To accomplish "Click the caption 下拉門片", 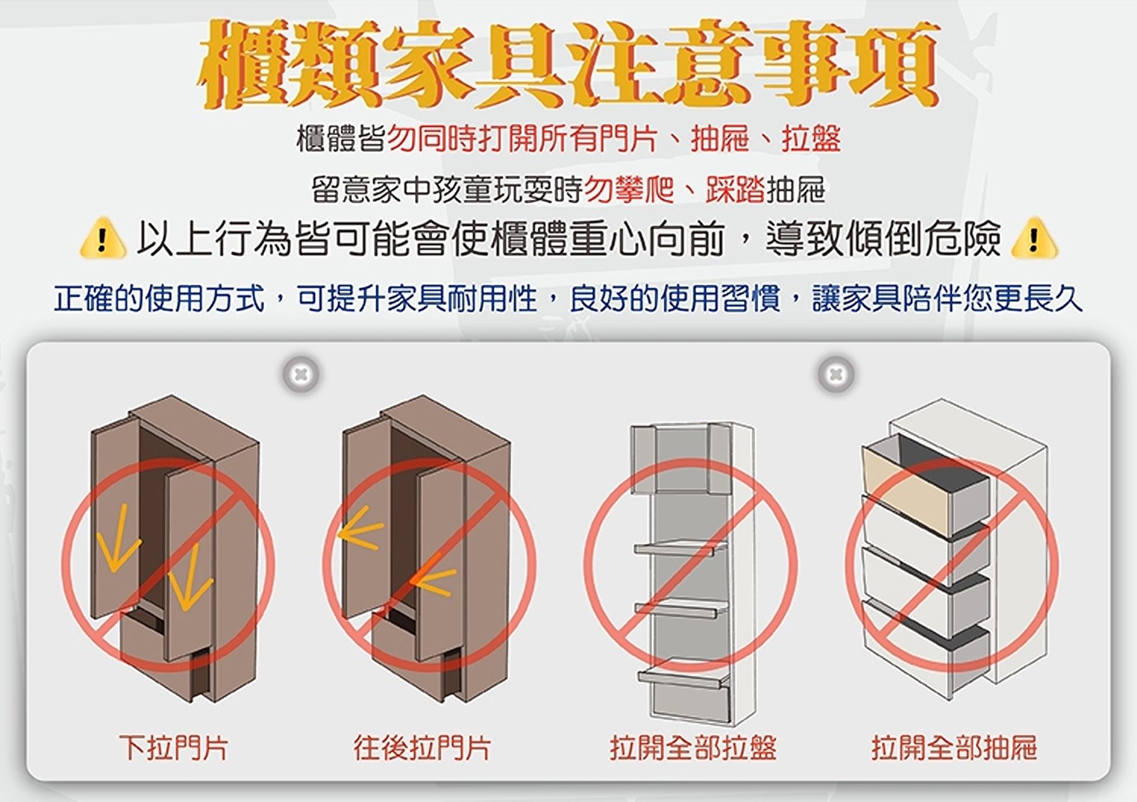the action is click(x=173, y=748).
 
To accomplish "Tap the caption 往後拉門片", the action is click(x=421, y=748).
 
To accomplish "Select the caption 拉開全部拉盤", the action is click(x=693, y=748).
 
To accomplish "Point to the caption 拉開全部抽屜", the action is click(x=954, y=748).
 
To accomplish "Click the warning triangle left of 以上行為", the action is click(x=100, y=239).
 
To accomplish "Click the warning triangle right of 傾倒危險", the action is click(x=1034, y=239).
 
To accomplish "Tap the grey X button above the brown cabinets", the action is click(x=301, y=374).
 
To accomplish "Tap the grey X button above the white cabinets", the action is click(x=836, y=374).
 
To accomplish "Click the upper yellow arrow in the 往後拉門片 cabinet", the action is click(x=360, y=534).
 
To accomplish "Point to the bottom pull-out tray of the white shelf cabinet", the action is click(x=682, y=678).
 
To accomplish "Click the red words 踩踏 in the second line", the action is click(x=735, y=189).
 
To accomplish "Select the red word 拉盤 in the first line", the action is click(x=811, y=139).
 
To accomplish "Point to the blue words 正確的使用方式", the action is click(x=159, y=298).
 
